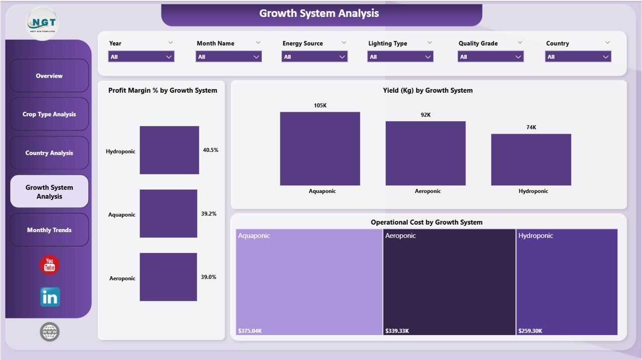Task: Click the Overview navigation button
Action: [x=49, y=76]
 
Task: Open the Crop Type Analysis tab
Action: [x=49, y=114]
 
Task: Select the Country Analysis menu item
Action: [x=49, y=153]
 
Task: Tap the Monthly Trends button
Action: [x=49, y=230]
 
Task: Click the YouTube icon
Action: [x=50, y=265]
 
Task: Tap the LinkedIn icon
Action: [x=50, y=297]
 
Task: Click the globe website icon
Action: [x=50, y=332]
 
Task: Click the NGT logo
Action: [x=43, y=23]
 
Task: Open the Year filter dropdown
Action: [x=141, y=57]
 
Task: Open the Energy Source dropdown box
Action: [x=314, y=57]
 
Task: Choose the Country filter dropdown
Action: [x=578, y=57]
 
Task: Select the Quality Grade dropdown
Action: [x=491, y=57]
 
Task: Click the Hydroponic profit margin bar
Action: [x=169, y=150]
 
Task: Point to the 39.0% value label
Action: [x=209, y=277]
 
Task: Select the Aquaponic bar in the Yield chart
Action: [x=319, y=148]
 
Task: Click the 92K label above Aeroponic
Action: [x=425, y=115]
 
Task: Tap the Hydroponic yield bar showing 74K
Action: [x=531, y=159]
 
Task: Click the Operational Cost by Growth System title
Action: [x=426, y=222]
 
